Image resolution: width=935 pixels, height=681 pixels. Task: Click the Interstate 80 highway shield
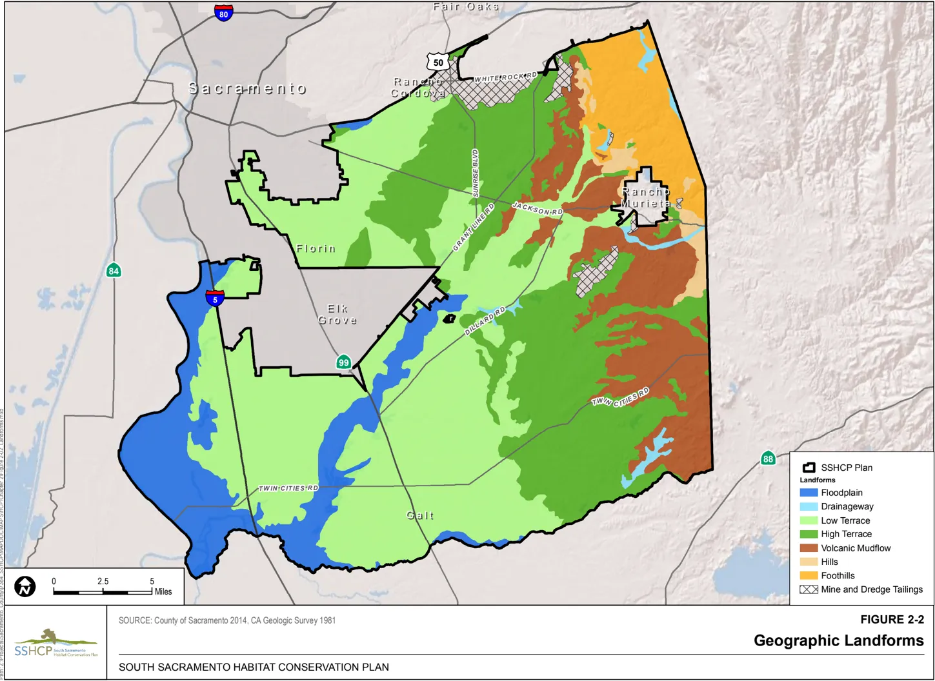click(223, 13)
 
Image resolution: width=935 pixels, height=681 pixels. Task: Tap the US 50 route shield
click(438, 62)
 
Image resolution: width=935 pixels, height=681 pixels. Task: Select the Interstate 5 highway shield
click(215, 298)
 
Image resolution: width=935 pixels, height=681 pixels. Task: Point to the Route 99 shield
click(344, 362)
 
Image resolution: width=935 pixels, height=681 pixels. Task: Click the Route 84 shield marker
click(114, 270)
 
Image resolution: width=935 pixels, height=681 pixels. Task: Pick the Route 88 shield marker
click(767, 459)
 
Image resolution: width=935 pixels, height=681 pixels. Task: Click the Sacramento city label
click(247, 88)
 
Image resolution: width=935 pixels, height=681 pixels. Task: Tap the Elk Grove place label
click(337, 314)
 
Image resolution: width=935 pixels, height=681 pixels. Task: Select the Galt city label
click(420, 515)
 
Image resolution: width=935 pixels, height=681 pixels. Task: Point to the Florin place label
click(316, 248)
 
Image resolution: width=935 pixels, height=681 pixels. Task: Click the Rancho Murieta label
click(646, 197)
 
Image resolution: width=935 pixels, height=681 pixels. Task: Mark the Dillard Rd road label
click(485, 322)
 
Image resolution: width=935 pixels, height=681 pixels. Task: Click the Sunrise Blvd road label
click(476, 173)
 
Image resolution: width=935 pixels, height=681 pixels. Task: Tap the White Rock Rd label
click(505, 78)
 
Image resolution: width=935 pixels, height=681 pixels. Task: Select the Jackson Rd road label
click(537, 208)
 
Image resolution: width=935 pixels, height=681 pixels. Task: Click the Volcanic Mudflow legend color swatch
click(809, 548)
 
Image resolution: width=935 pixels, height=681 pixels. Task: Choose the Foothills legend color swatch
click(809, 576)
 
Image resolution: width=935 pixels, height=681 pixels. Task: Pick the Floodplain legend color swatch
click(809, 493)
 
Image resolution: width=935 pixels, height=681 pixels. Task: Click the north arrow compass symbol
click(25, 586)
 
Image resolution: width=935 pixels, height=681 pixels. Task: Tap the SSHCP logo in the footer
click(55, 643)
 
